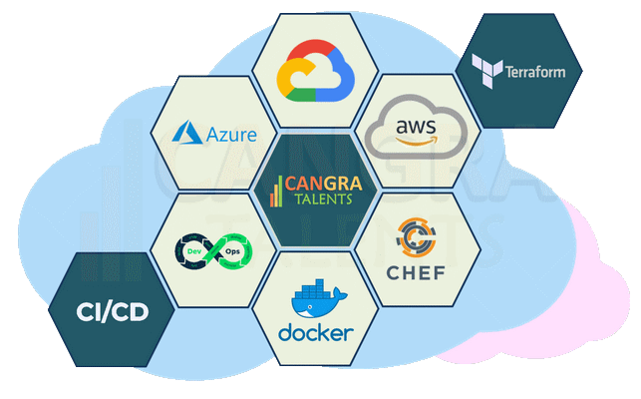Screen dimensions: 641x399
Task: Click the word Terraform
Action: point(535,72)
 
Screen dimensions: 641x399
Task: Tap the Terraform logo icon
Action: point(486,71)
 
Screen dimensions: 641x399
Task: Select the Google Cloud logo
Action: point(315,71)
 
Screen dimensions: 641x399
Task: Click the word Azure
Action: point(232,135)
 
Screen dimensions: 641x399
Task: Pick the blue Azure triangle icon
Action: point(187,133)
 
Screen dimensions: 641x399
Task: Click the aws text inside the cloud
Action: point(416,127)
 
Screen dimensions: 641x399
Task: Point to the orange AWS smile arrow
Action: point(417,142)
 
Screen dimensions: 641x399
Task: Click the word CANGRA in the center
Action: point(323,184)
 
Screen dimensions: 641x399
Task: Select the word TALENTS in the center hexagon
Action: point(323,199)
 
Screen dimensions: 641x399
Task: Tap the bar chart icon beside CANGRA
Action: point(276,192)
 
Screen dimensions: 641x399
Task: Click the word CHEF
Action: point(416,273)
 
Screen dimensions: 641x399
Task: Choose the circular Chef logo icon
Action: point(416,237)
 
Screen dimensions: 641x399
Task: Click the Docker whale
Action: point(318,303)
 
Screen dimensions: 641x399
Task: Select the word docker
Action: point(316,333)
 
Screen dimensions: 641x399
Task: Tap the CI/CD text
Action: point(113,312)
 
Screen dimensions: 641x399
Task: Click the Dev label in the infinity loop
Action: point(194,251)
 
